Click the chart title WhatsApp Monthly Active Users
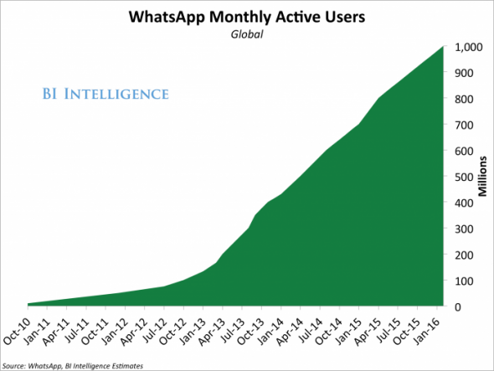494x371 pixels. [x=247, y=17]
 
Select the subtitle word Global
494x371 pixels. [x=247, y=34]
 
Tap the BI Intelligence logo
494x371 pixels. [x=105, y=94]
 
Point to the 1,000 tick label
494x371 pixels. [x=469, y=47]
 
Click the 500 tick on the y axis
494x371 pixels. [x=464, y=177]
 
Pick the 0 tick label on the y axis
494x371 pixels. [x=457, y=307]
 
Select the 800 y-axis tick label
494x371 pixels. [x=464, y=99]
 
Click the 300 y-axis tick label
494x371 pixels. [x=464, y=229]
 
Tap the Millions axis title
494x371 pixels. [x=482, y=177]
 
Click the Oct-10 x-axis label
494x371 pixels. [x=17, y=331]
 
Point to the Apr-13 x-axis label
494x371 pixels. [x=212, y=332]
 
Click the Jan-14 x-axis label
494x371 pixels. [x=271, y=332]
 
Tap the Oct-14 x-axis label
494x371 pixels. [x=328, y=331]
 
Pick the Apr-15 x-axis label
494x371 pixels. [x=368, y=332]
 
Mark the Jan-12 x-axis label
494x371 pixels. [x=115, y=332]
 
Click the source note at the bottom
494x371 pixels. [x=73, y=366]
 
